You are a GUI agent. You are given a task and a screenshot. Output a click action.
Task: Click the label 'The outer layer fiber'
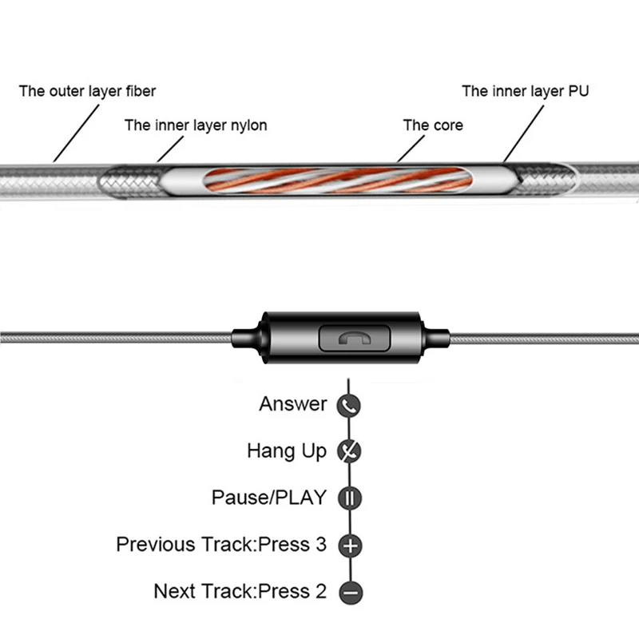[87, 91]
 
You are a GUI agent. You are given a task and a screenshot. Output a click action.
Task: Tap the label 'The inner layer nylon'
[196, 125]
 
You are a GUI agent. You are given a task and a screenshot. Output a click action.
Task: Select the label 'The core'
[433, 125]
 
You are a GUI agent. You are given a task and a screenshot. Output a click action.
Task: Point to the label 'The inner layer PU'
[526, 91]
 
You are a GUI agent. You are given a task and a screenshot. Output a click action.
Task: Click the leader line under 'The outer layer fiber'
[76, 133]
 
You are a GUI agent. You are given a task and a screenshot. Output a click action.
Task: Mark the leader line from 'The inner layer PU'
[524, 133]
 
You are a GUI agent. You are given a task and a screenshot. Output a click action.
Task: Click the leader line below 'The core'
[411, 149]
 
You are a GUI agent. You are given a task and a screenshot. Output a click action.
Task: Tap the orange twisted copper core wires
[338, 180]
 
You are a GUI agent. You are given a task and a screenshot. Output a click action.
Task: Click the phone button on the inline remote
[354, 338]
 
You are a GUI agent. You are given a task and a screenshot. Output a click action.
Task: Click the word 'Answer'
[293, 404]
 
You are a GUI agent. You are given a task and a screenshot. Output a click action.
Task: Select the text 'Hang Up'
[287, 451]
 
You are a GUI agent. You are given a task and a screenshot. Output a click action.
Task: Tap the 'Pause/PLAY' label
[269, 498]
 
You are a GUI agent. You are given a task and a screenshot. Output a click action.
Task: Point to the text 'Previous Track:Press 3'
[221, 545]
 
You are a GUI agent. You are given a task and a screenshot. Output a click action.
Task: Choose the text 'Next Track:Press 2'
[240, 591]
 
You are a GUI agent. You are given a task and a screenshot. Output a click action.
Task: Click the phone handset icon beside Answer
[348, 406]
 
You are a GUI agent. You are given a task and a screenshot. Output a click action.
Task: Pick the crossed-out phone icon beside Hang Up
[349, 451]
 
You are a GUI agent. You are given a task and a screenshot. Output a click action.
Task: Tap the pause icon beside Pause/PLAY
[350, 498]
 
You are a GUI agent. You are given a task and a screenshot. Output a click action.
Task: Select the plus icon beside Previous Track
[351, 546]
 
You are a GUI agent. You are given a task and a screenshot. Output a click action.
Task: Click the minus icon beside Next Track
[351, 592]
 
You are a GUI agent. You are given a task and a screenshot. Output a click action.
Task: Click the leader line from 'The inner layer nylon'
[170, 149]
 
